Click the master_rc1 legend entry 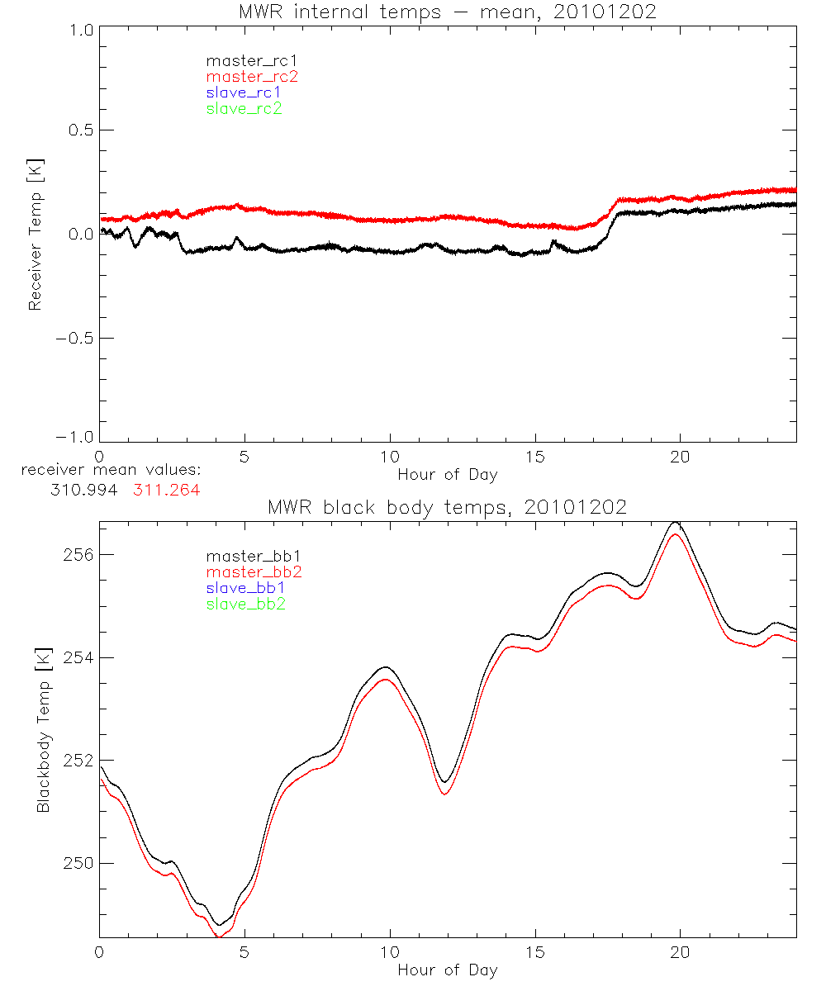(244, 60)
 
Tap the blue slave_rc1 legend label (244, 92)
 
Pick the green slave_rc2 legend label (244, 108)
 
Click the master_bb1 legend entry (246, 557)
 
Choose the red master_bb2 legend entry (246, 572)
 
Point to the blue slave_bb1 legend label (246, 588)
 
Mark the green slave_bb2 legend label (246, 605)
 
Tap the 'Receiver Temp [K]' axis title (35, 234)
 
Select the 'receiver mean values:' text (112, 471)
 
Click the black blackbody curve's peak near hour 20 (676, 523)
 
